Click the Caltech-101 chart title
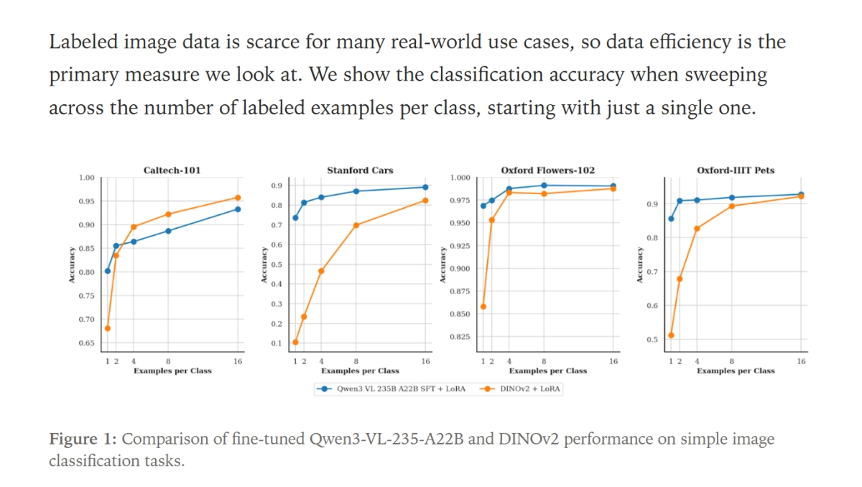click(172, 170)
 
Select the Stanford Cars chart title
click(360, 170)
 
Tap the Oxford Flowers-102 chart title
click(547, 170)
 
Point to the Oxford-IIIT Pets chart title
click(736, 170)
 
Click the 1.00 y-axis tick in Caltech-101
click(86, 178)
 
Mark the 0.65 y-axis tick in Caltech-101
click(86, 343)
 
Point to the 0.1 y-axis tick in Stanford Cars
click(277, 343)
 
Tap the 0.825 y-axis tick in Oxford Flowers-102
click(460, 337)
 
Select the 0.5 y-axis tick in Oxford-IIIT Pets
click(652, 340)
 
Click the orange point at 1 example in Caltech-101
click(108, 328)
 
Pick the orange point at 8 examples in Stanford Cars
click(356, 225)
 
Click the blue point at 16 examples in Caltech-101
click(238, 209)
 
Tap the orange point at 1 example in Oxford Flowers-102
click(483, 306)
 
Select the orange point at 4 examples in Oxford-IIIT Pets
click(697, 229)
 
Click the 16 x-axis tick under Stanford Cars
click(426, 361)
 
